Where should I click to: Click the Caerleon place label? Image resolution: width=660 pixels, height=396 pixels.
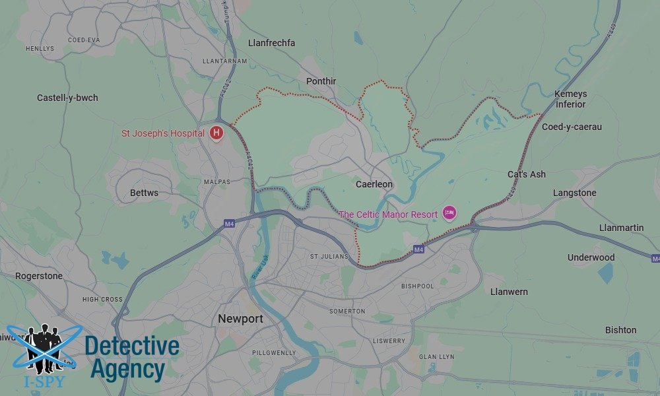[374, 184]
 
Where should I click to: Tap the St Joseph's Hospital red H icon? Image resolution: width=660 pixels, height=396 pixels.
[216, 133]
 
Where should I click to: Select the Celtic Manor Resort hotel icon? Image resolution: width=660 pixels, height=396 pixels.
[450, 213]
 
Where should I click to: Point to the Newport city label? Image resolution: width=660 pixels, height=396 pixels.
[240, 319]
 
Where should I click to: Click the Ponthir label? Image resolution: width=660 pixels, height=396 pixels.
[321, 81]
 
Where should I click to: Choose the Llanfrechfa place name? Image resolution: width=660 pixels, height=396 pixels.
[271, 43]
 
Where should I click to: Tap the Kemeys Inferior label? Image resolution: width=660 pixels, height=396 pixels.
[570, 99]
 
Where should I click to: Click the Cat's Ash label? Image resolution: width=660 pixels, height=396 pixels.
[527, 174]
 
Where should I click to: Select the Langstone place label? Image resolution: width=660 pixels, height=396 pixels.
[574, 193]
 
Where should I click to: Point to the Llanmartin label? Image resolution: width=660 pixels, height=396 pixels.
[621, 228]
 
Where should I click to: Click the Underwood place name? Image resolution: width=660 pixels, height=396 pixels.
[591, 257]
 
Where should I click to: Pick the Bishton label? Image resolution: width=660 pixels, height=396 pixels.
[620, 330]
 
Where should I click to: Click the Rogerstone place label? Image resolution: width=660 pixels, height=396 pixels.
[38, 276]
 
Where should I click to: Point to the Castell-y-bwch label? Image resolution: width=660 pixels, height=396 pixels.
[67, 98]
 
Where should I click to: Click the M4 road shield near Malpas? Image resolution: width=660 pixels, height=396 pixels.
[229, 224]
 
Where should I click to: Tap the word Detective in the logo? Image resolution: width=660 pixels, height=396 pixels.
[132, 346]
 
